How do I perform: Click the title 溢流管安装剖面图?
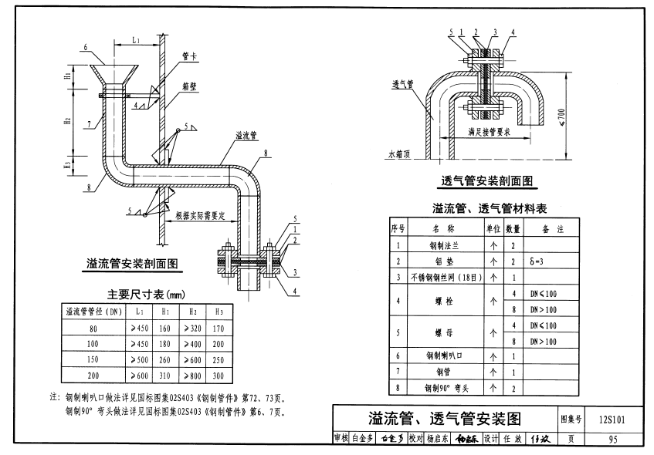(135, 264)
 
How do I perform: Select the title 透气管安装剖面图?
(487, 182)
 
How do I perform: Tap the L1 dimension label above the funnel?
(136, 38)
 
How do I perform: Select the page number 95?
(612, 440)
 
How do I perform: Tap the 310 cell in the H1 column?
(165, 376)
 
